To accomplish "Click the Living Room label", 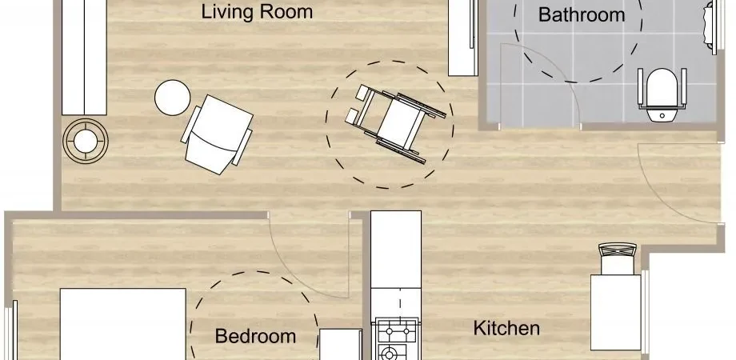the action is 257,12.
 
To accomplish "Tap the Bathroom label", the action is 582,14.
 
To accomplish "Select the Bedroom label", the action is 255,336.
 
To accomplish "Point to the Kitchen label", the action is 506,328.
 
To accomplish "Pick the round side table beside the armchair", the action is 172,98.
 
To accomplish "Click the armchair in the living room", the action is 217,134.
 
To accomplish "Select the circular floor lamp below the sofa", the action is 86,141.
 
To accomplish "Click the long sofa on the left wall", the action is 85,58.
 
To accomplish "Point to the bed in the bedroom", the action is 123,324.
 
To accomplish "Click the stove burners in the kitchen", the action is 397,339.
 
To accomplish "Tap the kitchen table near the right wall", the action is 616,312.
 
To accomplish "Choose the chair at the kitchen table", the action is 618,258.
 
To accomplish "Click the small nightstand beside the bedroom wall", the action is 340,344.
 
